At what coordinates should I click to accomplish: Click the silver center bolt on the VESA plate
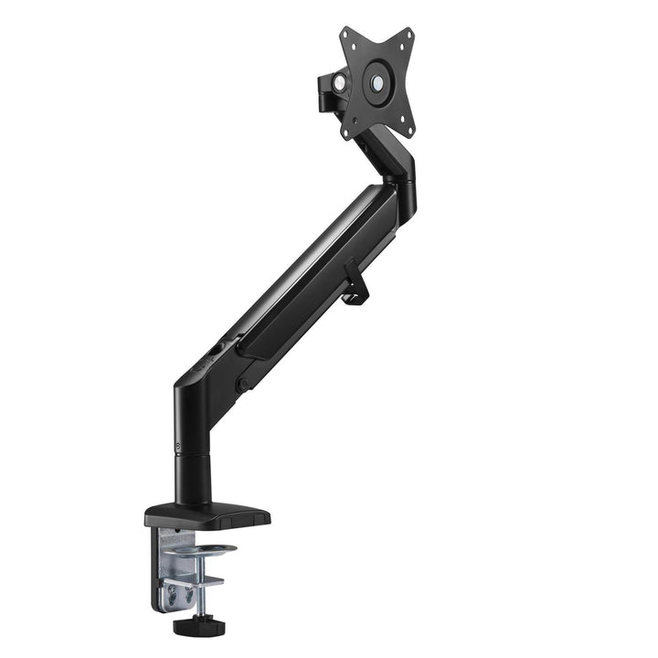click(x=377, y=82)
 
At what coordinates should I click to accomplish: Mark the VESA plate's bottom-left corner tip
click(x=345, y=136)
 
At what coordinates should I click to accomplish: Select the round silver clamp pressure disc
click(x=203, y=550)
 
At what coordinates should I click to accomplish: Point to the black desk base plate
click(x=208, y=516)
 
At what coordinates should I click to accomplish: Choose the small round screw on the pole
click(x=176, y=448)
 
